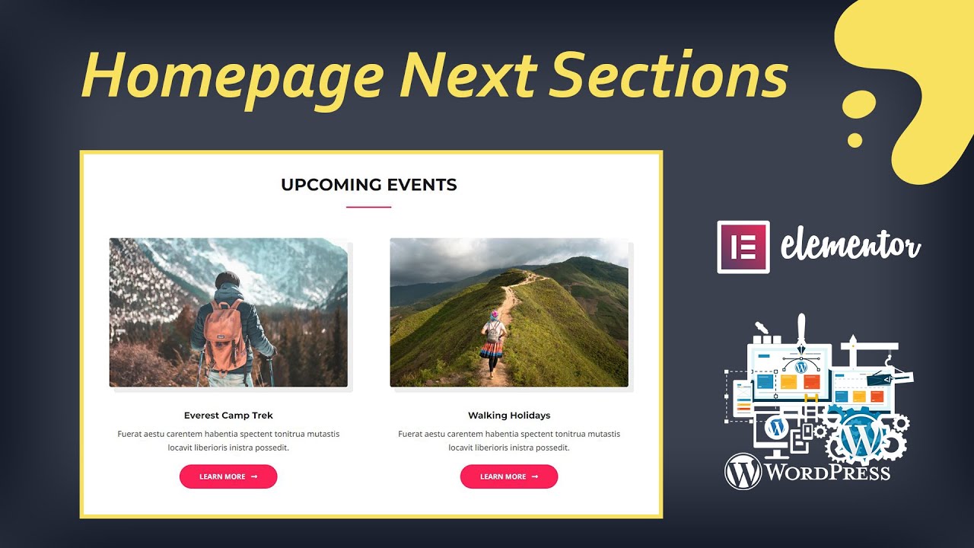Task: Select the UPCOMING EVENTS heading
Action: (369, 184)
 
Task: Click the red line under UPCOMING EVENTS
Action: (369, 206)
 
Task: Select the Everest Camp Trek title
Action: (228, 416)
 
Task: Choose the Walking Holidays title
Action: (509, 416)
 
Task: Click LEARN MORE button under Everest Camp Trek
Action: (228, 476)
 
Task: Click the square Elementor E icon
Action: (743, 247)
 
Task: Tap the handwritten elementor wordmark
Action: (851, 247)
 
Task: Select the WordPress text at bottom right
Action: (826, 472)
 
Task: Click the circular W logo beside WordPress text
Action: (743, 471)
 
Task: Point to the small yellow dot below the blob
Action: (855, 140)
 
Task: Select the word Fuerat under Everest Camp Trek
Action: (130, 434)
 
